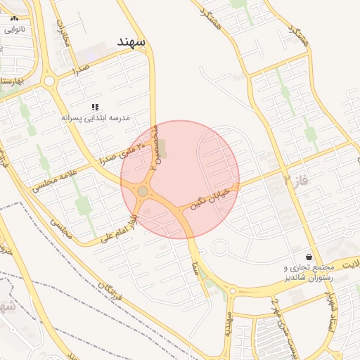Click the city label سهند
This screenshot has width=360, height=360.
131,42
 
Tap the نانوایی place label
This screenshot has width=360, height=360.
15,30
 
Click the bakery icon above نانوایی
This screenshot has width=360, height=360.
15,19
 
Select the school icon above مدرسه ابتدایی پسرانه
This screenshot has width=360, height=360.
94,107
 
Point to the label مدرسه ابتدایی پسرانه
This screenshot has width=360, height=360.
96,118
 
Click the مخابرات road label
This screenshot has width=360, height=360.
64,32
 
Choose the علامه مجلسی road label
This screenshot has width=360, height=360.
50,179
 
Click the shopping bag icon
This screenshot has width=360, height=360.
309,257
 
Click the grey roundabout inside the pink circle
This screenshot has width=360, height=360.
143,191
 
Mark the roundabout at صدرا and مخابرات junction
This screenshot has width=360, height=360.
49,82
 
